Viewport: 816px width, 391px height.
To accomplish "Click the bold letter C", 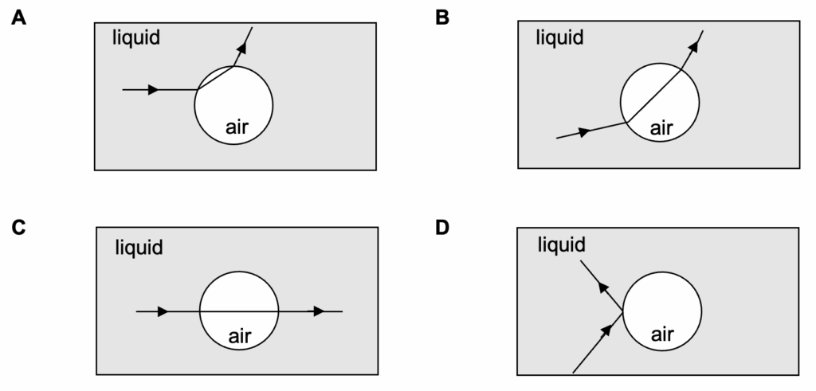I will (x=18, y=228).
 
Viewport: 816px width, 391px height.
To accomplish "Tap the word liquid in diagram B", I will (x=559, y=37).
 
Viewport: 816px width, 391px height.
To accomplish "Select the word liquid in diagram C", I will (x=138, y=248).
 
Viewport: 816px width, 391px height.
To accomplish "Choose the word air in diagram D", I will (x=663, y=334).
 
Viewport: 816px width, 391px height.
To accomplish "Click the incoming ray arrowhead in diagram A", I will (x=153, y=90).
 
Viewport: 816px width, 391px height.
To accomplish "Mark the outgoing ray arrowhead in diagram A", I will (x=241, y=47).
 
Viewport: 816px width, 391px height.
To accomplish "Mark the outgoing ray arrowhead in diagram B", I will (x=693, y=46).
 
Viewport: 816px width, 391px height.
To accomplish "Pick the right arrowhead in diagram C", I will (x=320, y=311).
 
